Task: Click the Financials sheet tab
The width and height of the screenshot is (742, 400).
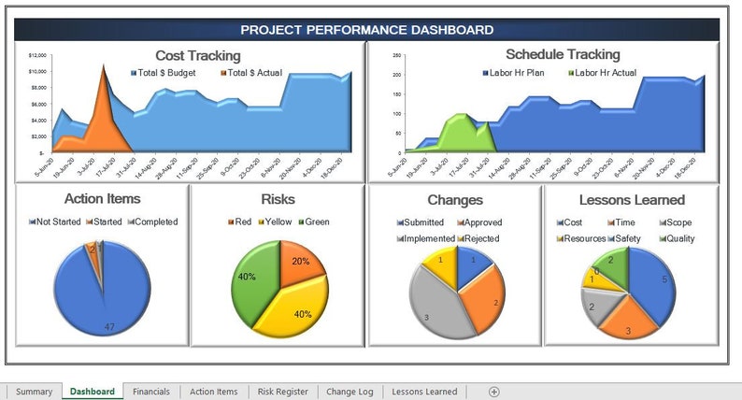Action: click(x=151, y=392)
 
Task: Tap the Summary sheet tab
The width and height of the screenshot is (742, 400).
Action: click(x=34, y=392)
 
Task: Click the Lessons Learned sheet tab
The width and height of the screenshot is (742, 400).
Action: click(x=424, y=392)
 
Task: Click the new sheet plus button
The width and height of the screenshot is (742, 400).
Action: click(x=494, y=392)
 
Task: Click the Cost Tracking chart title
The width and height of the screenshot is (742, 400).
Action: click(x=197, y=56)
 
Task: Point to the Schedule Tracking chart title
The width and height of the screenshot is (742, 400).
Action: click(x=549, y=55)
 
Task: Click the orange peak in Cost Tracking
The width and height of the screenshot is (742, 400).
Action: click(x=103, y=112)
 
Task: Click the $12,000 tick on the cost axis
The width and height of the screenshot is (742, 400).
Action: click(x=37, y=55)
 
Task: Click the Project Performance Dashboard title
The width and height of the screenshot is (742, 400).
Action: click(x=367, y=30)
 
